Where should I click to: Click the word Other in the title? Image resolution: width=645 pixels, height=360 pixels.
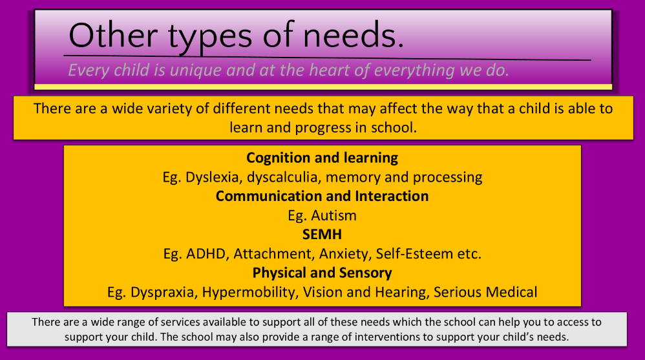pyautogui.click(x=113, y=36)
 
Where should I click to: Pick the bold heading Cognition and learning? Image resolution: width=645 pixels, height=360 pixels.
pyautogui.click(x=322, y=158)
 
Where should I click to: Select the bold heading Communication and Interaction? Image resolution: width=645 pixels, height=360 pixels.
pyautogui.click(x=322, y=196)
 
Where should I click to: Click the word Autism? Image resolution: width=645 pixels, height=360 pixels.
pyautogui.click(x=333, y=215)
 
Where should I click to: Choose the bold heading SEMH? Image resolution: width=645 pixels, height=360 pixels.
pyautogui.click(x=322, y=235)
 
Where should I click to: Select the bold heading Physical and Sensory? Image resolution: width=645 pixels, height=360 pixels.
pyautogui.click(x=322, y=273)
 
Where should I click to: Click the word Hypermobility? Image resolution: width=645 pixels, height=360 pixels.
pyautogui.click(x=251, y=292)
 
